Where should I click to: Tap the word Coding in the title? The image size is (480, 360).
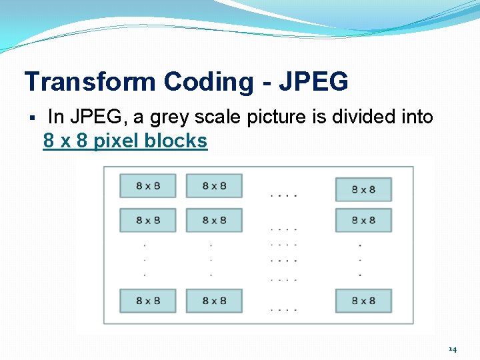pos(209,82)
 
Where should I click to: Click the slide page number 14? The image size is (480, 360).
pos(453,349)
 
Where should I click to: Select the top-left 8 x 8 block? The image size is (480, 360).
pos(147,186)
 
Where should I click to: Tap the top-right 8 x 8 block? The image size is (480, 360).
pos(363,189)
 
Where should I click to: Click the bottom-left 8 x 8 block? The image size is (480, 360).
pos(147,301)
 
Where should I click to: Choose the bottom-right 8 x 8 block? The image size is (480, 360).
pos(363,301)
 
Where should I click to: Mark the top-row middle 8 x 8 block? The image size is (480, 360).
pos(213,186)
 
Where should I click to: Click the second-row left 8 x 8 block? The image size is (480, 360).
pos(147,220)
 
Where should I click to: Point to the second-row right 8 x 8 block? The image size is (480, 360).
pos(363,220)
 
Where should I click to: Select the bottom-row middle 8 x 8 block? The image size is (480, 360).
pos(213,301)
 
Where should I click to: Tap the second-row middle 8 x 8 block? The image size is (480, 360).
pos(213,220)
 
